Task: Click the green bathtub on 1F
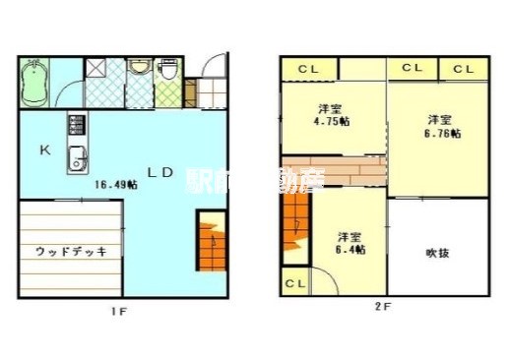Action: (x=35, y=83)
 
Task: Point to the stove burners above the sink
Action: (x=76, y=126)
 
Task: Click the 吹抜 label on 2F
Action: (x=438, y=253)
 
